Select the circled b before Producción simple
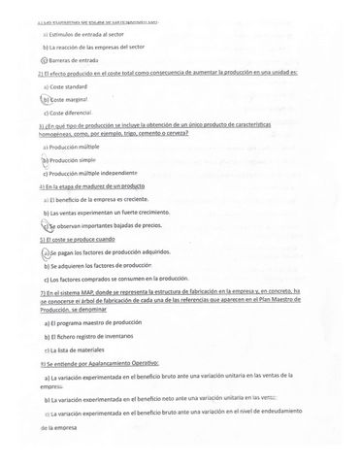pyautogui.click(x=45, y=160)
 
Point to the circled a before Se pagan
pyautogui.click(x=45, y=252)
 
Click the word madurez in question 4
pyautogui.click(x=94, y=185)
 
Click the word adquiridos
pyautogui.click(x=149, y=252)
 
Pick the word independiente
pyautogui.click(x=131, y=173)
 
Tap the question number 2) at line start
pyautogui.click(x=42, y=73)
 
